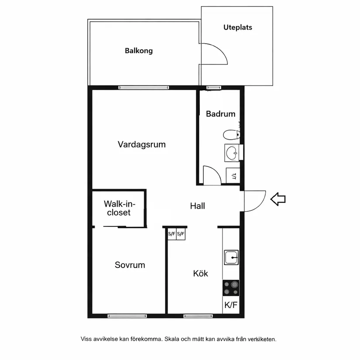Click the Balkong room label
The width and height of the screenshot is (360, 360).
tap(139, 51)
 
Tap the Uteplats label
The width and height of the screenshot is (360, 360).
tap(238, 27)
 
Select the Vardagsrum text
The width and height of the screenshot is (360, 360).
tap(142, 144)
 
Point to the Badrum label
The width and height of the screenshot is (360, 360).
tap(220, 114)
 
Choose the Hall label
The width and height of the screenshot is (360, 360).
tap(198, 206)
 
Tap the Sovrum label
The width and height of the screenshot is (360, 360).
tap(130, 265)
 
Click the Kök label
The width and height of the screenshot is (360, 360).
tap(201, 274)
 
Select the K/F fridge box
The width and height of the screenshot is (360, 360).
tap(231, 305)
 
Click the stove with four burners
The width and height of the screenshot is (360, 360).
tap(231, 288)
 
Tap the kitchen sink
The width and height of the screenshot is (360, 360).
tap(231, 257)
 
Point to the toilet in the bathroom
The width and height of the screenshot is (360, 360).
tap(230, 134)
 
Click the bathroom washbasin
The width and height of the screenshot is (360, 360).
tap(233, 152)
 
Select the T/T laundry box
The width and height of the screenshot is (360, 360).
tap(233, 176)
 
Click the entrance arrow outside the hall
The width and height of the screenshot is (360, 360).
tap(278, 199)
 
